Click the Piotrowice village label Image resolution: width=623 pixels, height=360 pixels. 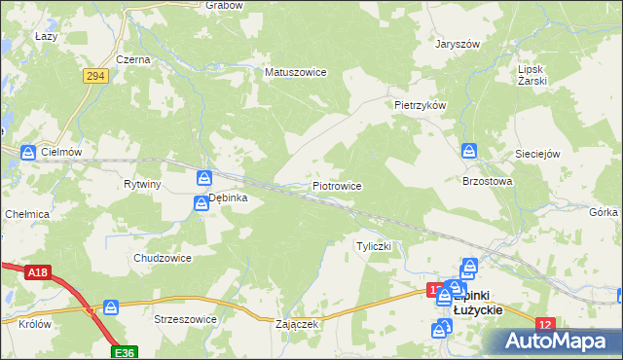point(337,185)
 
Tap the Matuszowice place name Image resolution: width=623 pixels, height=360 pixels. point(296,72)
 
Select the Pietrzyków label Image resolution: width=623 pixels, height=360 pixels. point(420,104)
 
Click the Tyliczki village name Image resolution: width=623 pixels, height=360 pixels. point(374,246)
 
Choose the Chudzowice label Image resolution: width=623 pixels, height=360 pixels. point(162,258)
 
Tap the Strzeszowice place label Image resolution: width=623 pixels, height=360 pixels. point(185,318)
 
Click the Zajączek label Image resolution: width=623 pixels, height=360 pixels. point(298,324)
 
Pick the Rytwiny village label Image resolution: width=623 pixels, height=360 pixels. point(142,184)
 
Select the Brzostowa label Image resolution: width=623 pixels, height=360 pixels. point(487,181)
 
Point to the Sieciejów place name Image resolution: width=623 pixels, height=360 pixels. point(538,154)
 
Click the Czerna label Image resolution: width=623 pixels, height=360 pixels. point(132,59)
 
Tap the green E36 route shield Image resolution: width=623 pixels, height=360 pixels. point(123,352)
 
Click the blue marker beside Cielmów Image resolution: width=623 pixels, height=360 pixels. point(28,152)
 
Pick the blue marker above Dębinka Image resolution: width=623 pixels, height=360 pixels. point(204,178)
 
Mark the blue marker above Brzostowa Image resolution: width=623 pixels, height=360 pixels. point(469,151)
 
